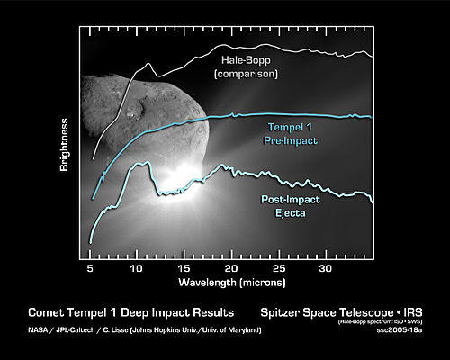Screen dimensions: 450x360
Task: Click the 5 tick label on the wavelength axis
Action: [90, 268]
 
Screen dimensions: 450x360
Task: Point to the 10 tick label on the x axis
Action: [136, 268]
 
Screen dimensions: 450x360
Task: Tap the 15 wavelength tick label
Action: [184, 268]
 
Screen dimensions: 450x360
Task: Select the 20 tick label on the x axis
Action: [231, 268]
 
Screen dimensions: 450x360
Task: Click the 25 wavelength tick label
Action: [279, 268]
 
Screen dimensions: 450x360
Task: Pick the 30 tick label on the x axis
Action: [326, 268]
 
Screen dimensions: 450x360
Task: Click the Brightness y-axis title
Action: [64, 145]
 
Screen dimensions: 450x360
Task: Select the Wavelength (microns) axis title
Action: [232, 283]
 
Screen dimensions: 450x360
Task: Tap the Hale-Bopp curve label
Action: [246, 60]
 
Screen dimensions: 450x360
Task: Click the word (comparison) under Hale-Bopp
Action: [246, 74]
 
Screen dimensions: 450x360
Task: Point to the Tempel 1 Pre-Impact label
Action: [291, 134]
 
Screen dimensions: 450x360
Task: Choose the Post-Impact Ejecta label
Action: [291, 206]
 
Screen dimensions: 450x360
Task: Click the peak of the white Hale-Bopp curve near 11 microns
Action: [148, 64]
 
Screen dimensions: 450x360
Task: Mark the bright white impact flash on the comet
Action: [177, 180]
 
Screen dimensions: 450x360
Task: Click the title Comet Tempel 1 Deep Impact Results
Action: [131, 312]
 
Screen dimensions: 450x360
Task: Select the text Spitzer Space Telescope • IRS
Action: [341, 312]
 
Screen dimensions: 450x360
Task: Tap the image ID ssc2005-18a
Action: [400, 330]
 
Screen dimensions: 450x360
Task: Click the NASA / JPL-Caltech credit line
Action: [145, 330]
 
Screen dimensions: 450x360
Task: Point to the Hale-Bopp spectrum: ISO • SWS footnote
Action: [381, 322]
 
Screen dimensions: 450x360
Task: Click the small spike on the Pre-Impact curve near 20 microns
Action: [232, 114]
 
